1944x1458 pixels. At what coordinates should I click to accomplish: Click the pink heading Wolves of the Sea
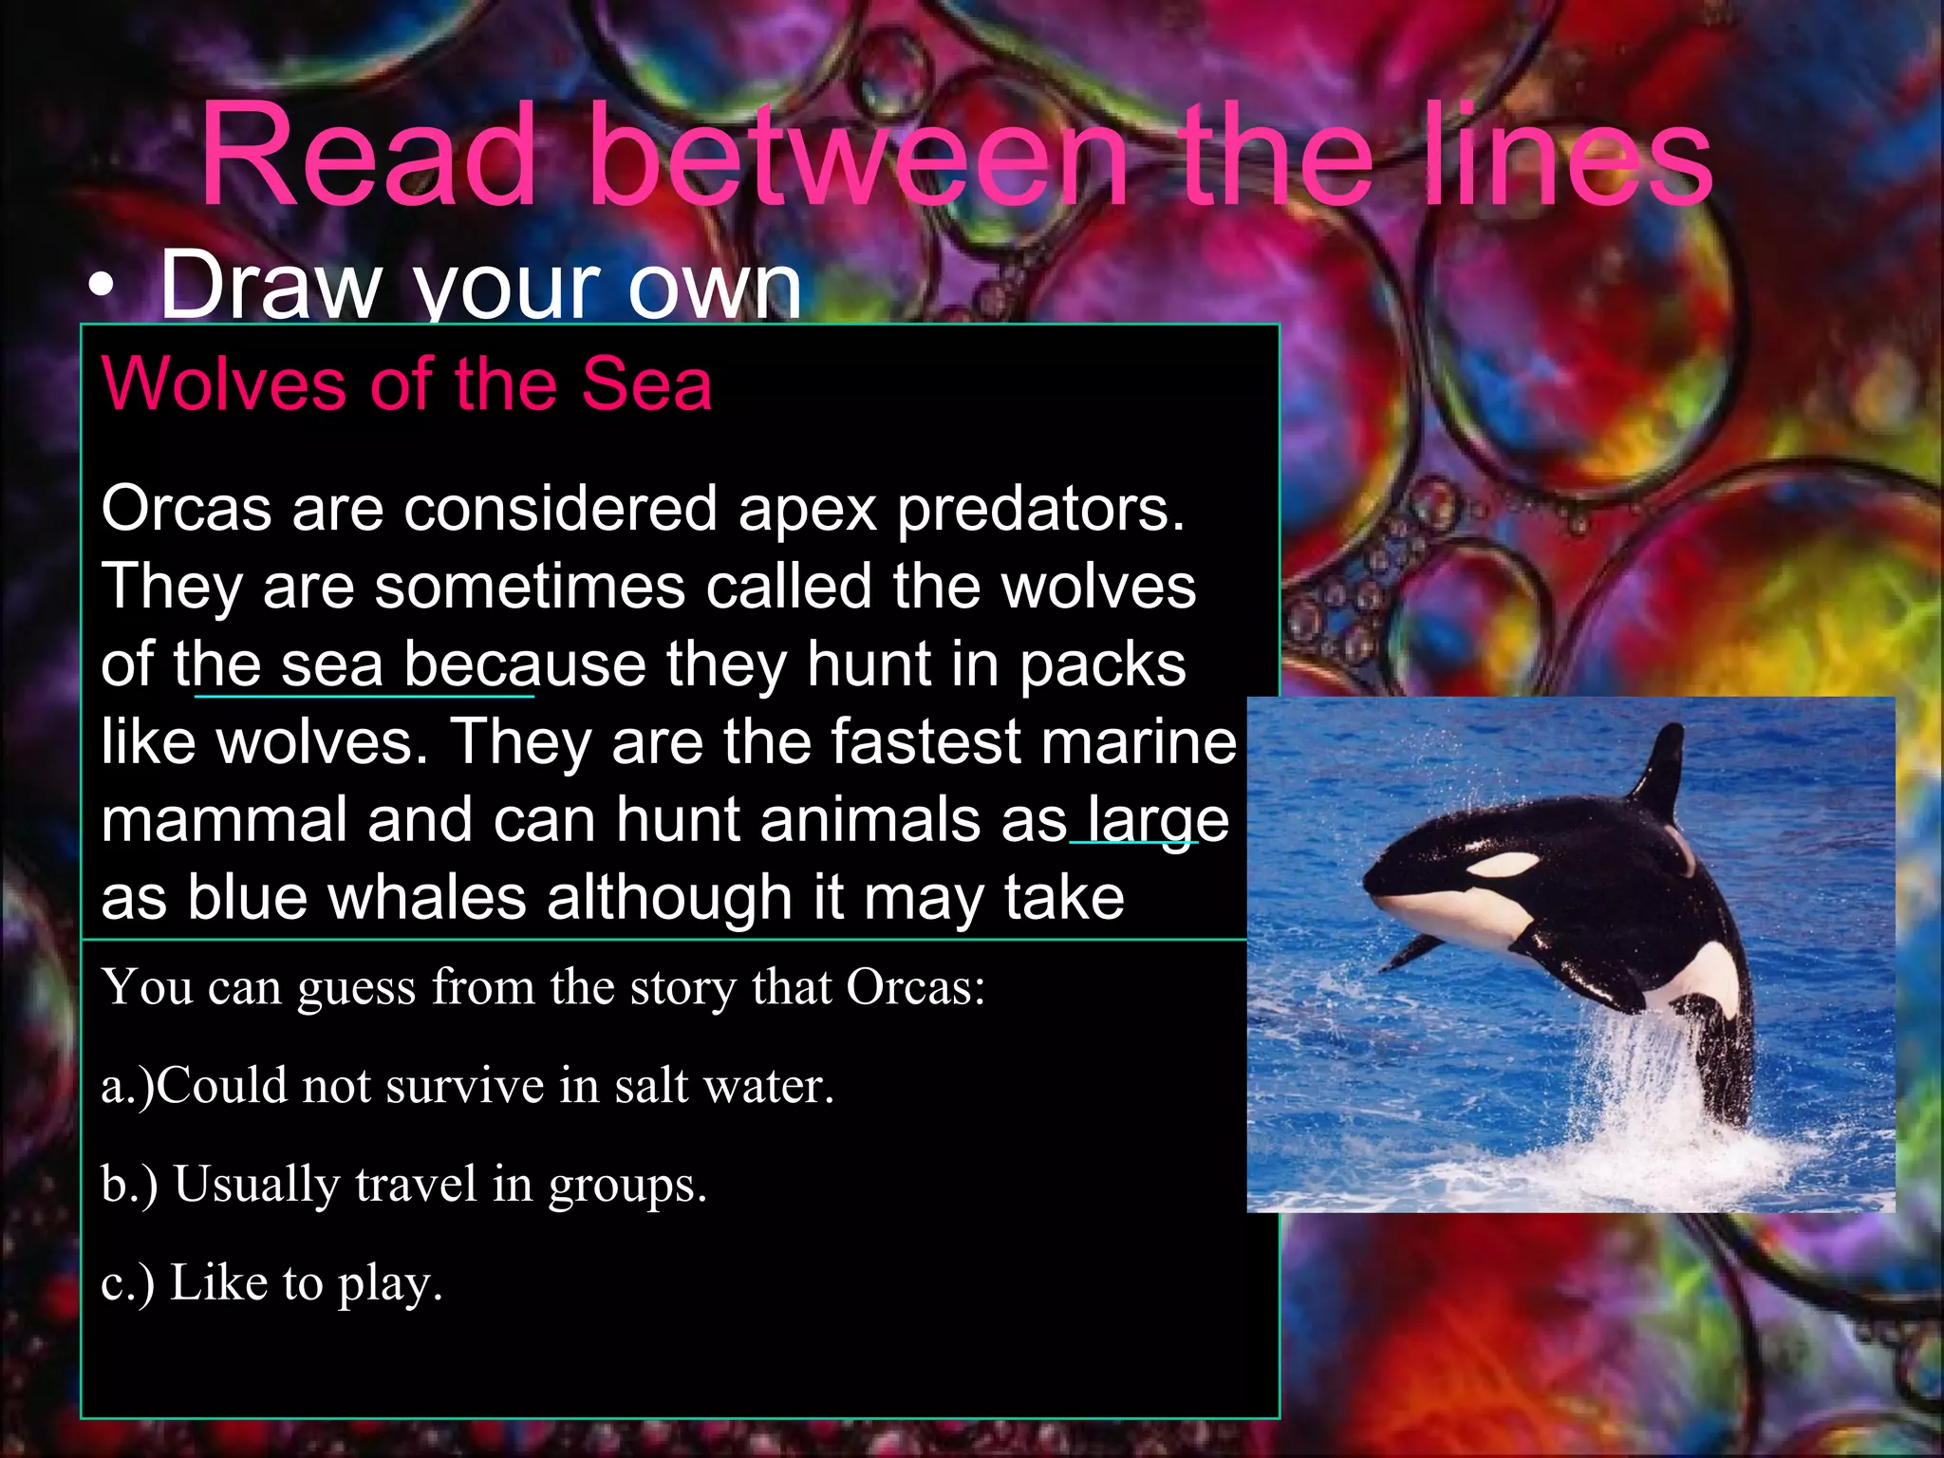(406, 384)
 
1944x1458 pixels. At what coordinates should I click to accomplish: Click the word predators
(1040, 510)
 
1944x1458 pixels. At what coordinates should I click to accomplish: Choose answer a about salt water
(467, 1086)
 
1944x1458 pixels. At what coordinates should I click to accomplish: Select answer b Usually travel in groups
(404, 1185)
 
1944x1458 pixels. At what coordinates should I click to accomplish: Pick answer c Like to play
(271, 1283)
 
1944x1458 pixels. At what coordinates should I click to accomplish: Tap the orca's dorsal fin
(1659, 769)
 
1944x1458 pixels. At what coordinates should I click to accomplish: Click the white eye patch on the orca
(1503, 864)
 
